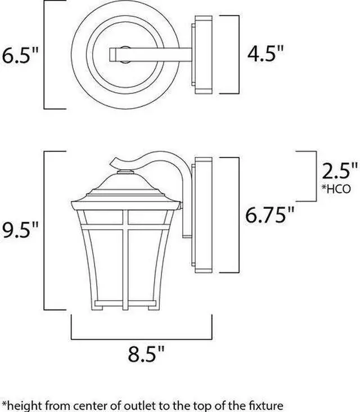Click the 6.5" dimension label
(x=20, y=55)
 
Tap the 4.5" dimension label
(x=265, y=53)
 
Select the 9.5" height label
(x=20, y=230)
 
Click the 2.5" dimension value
(x=339, y=171)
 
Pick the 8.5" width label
(x=146, y=354)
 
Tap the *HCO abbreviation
(x=336, y=189)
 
